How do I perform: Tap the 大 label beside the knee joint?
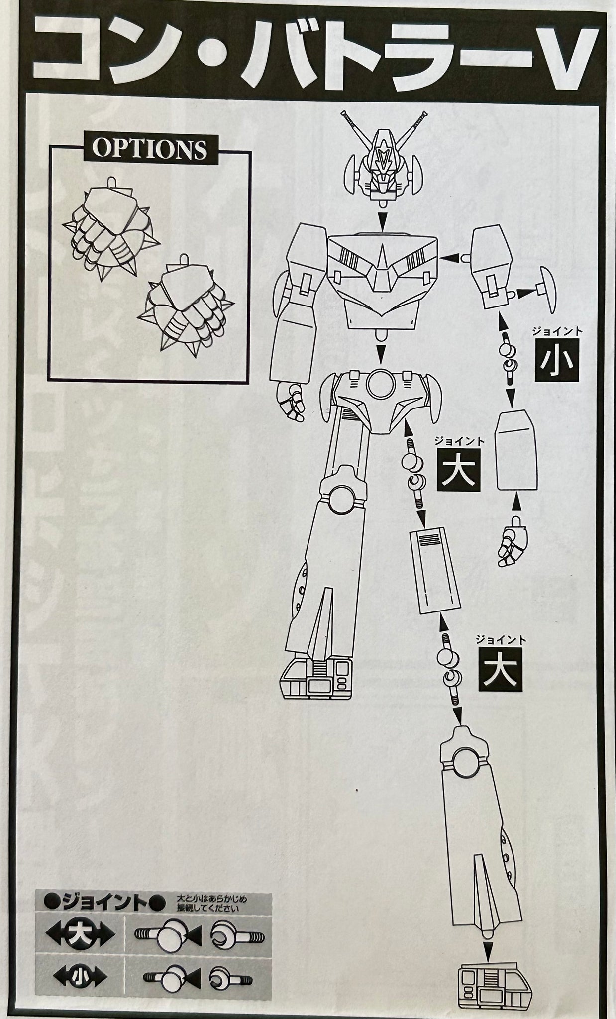(x=500, y=667)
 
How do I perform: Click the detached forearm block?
(x=517, y=450)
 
